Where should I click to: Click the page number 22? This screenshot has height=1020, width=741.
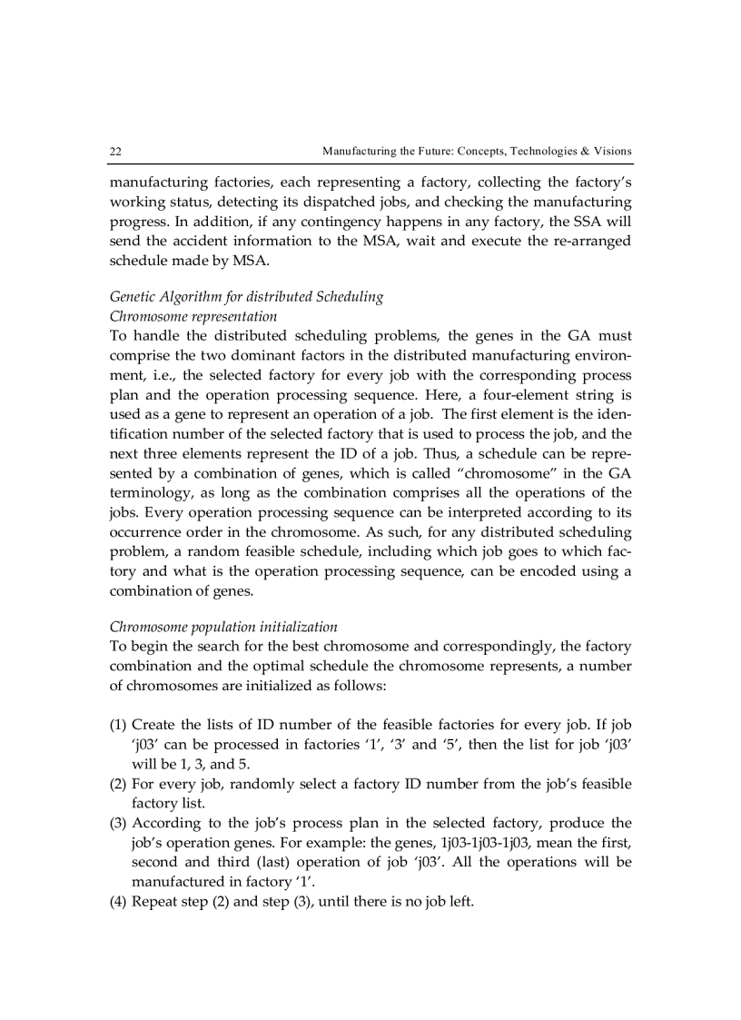[x=115, y=151]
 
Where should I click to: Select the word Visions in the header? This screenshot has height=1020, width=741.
[x=613, y=151]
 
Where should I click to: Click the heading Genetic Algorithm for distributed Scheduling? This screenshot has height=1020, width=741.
[x=246, y=297]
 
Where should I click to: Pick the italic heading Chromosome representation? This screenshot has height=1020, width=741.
[x=193, y=316]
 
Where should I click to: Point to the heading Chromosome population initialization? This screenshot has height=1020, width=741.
[x=223, y=627]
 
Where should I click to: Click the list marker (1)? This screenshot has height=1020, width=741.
[x=118, y=725]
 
